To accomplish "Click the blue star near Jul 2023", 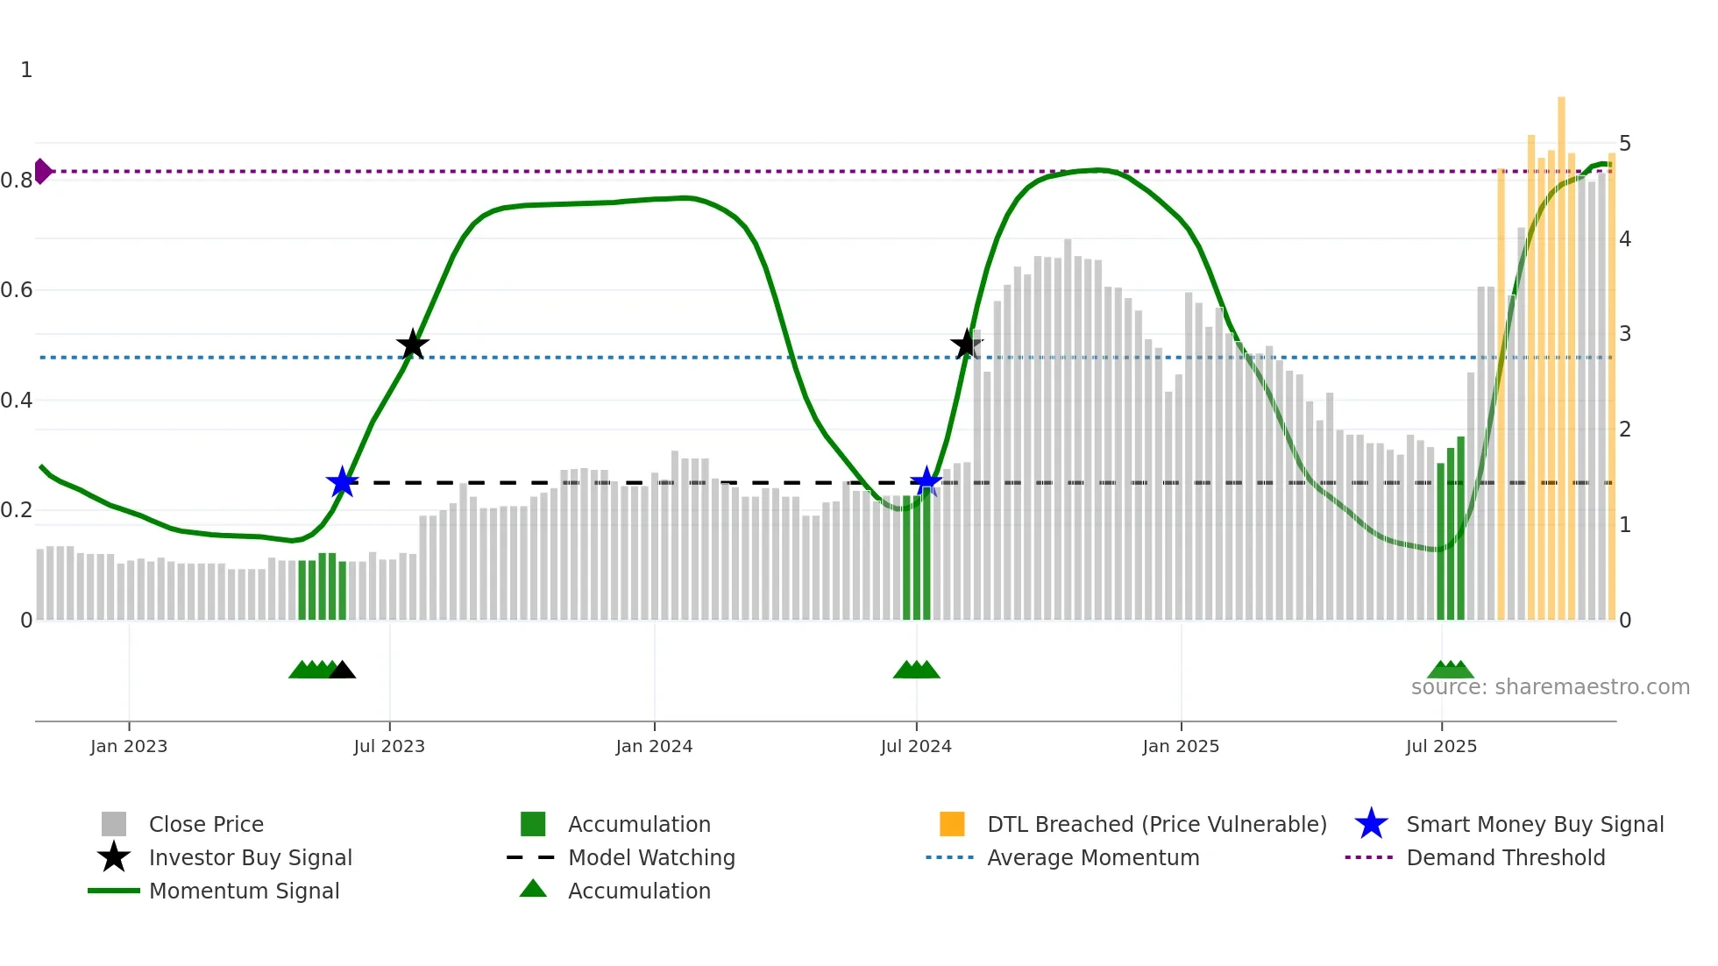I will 342,482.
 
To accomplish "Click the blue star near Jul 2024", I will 926,481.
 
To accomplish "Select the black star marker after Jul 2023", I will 412,344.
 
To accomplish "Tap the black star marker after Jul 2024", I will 967,344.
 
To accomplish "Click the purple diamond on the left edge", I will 42,171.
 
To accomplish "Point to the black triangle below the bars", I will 342,671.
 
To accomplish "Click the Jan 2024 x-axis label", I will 654,746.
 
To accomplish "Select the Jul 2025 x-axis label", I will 1441,746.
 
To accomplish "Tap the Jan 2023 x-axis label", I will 129,746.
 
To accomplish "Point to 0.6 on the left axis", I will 18,290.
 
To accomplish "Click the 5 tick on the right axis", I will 1624,144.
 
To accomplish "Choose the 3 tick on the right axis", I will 1624,334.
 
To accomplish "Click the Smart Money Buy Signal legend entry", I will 1534,824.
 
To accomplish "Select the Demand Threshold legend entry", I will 1505,857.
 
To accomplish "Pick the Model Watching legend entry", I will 650,857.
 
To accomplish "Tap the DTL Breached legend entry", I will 1156,824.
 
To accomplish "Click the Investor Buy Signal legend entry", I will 250,857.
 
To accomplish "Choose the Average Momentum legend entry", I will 1092,857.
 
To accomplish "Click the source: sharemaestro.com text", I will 1550,687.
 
